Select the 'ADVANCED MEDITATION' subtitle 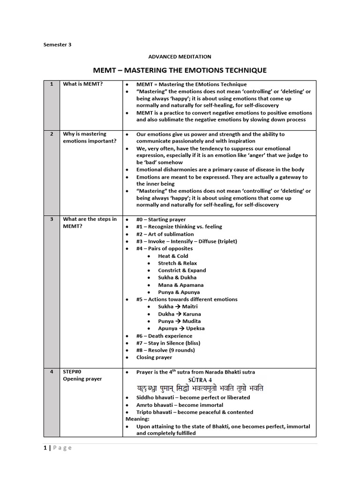[180, 57]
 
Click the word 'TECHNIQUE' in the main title [243, 70]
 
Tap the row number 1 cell [51, 84]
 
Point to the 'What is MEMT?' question [83, 84]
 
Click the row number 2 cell [51, 134]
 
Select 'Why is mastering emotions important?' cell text [89, 137]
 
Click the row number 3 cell [51, 219]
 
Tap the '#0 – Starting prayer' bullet [161, 219]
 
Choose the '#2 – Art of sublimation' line [165, 234]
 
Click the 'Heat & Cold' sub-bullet [173, 256]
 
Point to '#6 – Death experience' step [164, 336]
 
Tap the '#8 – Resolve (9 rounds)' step [165, 350]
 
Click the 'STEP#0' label [73, 372]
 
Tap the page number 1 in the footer [45, 448]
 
